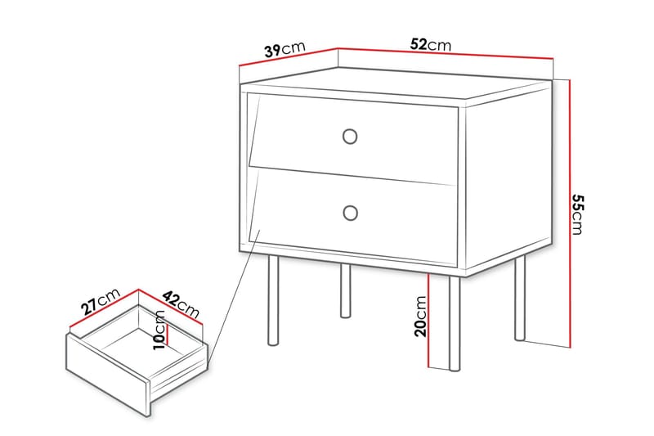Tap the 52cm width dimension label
point(430,44)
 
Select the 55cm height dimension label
point(578,214)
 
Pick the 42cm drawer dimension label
point(181,303)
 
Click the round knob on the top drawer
point(351,136)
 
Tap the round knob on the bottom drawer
point(351,213)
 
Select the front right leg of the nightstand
point(455,323)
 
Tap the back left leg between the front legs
point(346,290)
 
